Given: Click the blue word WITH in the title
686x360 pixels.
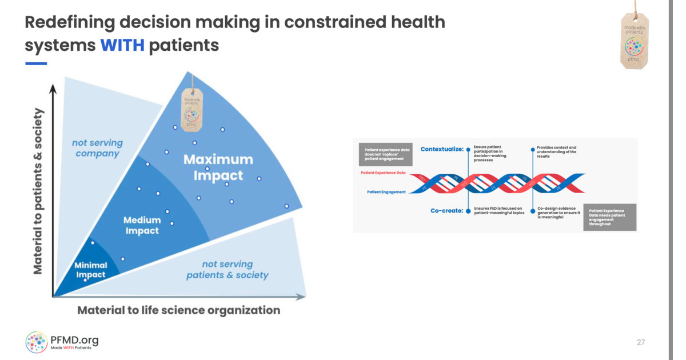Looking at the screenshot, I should point(122,45).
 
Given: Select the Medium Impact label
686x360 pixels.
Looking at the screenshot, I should point(142,225).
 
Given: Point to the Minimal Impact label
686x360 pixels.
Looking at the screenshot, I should point(90,270).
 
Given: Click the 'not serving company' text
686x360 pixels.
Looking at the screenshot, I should point(97,149).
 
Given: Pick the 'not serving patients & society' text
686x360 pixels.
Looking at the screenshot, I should point(227,270).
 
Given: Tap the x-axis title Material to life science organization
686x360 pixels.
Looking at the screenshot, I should point(178,310).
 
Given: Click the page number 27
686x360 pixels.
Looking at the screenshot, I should point(640,342).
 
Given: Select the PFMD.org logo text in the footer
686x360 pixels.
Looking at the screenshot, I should point(74,341).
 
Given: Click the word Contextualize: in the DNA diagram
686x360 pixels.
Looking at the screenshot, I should point(441,149).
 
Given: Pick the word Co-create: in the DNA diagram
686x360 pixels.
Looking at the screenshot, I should point(446,210).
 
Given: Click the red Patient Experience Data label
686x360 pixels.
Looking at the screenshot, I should point(382,172).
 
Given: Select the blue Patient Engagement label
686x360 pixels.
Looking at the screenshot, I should point(386,192).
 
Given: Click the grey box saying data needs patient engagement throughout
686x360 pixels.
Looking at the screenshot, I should point(609,217).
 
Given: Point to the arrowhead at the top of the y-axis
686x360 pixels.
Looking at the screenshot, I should point(53,89).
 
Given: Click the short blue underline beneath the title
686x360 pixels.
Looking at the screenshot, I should point(35,63).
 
